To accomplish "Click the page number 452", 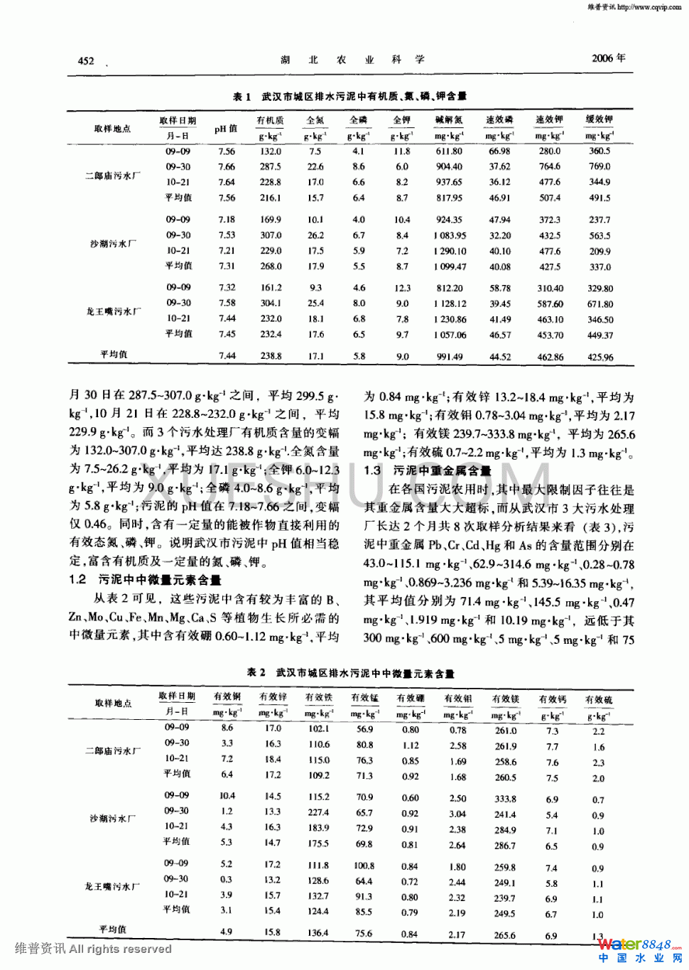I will point(86,60).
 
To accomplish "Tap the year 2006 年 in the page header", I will point(608,58).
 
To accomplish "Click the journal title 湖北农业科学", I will point(352,60).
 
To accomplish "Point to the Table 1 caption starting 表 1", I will point(349,96).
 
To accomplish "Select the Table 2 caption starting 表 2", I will point(350,672).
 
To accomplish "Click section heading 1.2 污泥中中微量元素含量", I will point(146,580).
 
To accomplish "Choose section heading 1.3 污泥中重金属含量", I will point(428,470).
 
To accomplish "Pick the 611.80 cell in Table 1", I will point(449,151).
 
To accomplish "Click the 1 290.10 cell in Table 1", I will point(450,251).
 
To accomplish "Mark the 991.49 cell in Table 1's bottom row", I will point(450,357).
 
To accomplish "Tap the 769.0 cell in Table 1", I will point(600,166).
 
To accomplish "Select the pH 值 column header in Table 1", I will point(226,129).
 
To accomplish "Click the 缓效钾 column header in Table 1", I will point(599,119).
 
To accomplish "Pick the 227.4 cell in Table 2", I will point(318,812).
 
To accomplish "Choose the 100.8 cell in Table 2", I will point(364,866).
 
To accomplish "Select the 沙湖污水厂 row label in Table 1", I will point(113,244).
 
